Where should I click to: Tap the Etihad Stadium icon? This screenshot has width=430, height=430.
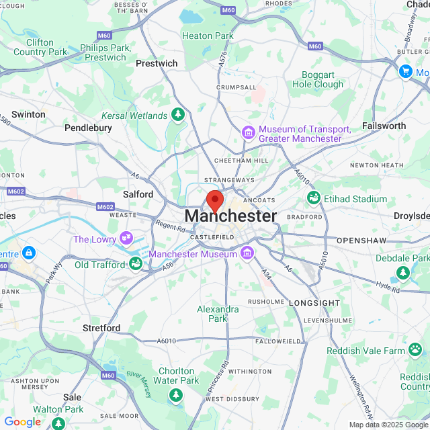coord(313,198)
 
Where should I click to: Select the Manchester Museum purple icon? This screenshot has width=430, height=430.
coord(247,253)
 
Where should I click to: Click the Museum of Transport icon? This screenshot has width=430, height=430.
coord(249,132)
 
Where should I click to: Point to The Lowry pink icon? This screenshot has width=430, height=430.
coord(126,238)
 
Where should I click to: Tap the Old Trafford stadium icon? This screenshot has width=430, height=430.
coord(136,263)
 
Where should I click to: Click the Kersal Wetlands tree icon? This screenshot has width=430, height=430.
coord(178,115)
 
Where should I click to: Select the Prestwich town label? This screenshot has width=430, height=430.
coord(157,63)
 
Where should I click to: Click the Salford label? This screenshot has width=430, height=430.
coord(138,194)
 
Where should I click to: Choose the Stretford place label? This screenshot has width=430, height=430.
coord(101,328)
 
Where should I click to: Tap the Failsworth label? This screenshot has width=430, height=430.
coord(384,126)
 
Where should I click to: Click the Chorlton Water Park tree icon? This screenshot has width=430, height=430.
coord(175,394)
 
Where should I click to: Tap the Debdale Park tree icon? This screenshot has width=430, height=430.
coord(402,272)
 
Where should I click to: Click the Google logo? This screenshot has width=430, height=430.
coord(22,421)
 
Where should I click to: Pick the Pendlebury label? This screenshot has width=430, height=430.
coord(87,127)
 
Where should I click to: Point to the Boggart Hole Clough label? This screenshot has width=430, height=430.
coord(318,79)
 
